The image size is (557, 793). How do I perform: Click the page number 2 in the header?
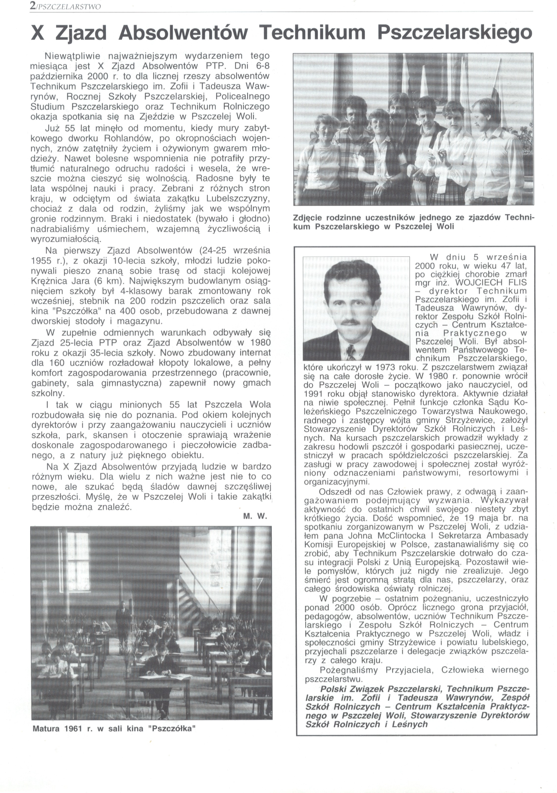coord(33,6)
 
